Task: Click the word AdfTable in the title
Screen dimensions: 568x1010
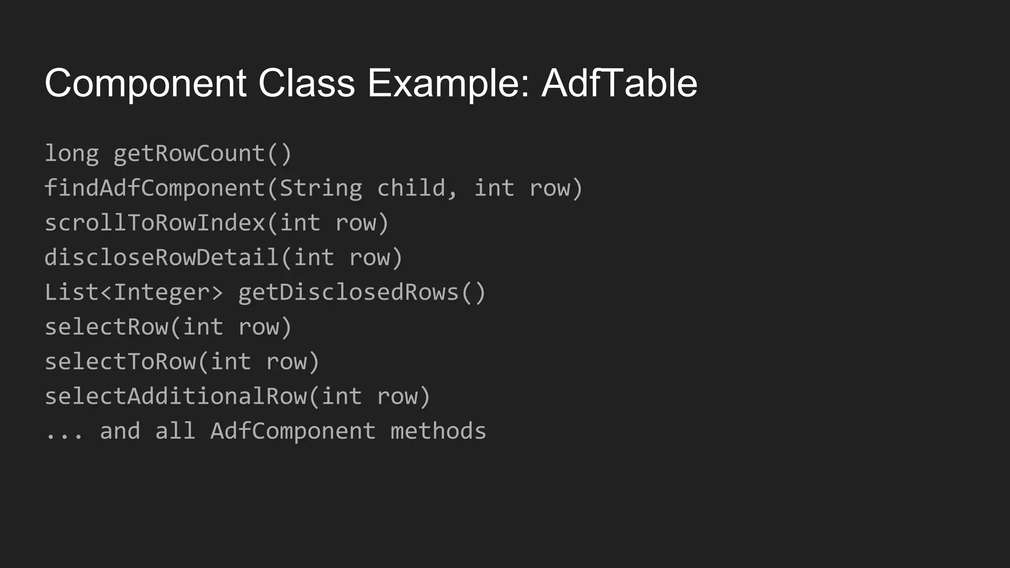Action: pyautogui.click(x=619, y=83)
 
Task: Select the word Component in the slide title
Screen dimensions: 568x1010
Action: pyautogui.click(x=145, y=84)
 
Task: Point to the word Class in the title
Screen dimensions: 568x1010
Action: pyautogui.click(x=306, y=83)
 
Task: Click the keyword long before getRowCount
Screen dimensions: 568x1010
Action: pyautogui.click(x=72, y=154)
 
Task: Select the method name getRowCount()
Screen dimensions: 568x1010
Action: pyautogui.click(x=203, y=154)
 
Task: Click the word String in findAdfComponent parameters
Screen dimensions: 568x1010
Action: pyautogui.click(x=321, y=188)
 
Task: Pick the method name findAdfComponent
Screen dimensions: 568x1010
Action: pyautogui.click(x=155, y=188)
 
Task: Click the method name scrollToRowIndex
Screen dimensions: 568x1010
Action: pyautogui.click(x=155, y=223)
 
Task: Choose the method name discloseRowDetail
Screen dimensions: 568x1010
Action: pyautogui.click(x=162, y=257)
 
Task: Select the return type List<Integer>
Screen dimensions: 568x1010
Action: pyautogui.click(x=134, y=292)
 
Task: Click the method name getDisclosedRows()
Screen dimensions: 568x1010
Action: pyautogui.click(x=362, y=292)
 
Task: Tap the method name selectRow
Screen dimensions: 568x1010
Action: pyautogui.click(x=107, y=327)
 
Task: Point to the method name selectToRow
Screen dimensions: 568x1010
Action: pyautogui.click(x=120, y=362)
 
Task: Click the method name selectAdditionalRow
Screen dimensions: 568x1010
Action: pyautogui.click(x=176, y=396)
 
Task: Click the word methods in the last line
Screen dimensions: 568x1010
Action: pyautogui.click(x=438, y=431)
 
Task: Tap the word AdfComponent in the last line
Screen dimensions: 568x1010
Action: pyautogui.click(x=293, y=431)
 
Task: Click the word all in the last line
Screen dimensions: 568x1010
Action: pyautogui.click(x=175, y=431)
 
